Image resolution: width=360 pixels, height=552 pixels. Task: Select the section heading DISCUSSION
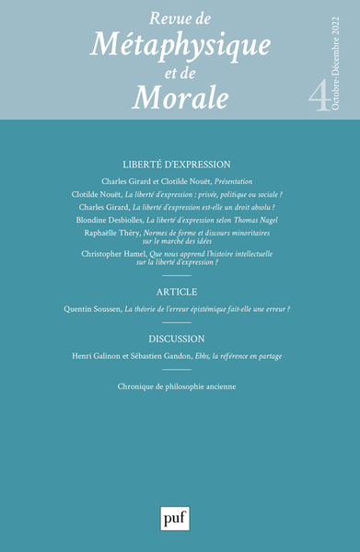pos(180,338)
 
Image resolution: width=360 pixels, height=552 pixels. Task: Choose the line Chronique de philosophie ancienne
pos(180,386)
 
